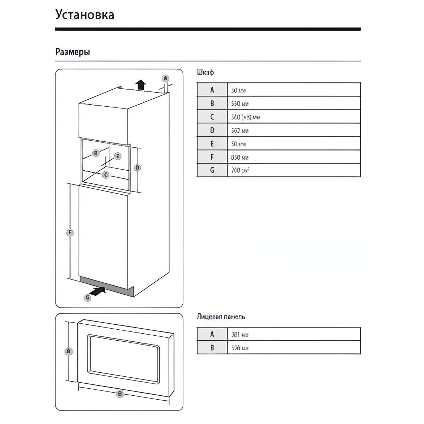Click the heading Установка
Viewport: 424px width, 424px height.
pyautogui.click(x=85, y=15)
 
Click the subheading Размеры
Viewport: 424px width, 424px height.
pyautogui.click(x=73, y=52)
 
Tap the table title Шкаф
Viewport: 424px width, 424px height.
pyautogui.click(x=205, y=73)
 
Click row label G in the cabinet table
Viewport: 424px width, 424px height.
pyautogui.click(x=212, y=170)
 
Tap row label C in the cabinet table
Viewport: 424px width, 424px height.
pyautogui.click(x=212, y=117)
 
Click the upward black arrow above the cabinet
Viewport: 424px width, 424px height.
pyautogui.click(x=141, y=85)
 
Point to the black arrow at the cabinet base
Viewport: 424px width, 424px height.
pyautogui.click(x=98, y=291)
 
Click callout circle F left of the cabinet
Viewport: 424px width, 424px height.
pyautogui.click(x=70, y=232)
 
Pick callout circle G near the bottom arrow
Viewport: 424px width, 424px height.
pyautogui.click(x=88, y=298)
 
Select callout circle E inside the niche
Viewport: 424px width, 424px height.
pyautogui.click(x=118, y=156)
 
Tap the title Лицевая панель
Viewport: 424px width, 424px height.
pyautogui.click(x=221, y=317)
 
